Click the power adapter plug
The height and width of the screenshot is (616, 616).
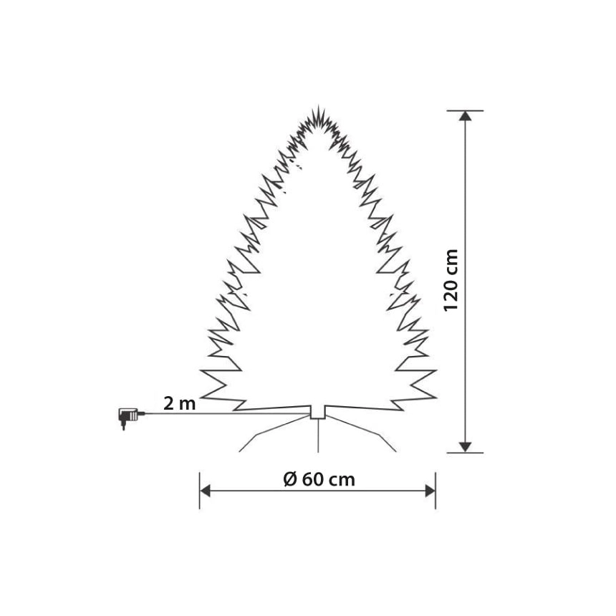point(127,417)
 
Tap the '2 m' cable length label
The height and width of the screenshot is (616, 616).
point(179,403)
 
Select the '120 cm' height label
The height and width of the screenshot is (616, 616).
point(451,280)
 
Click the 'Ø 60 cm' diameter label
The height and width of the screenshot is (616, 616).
point(319,479)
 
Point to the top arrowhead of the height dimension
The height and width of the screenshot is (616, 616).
point(465,116)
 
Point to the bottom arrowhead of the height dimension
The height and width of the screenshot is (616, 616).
point(465,447)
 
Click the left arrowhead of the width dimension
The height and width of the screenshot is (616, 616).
point(205,491)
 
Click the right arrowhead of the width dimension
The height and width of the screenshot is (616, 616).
point(430,491)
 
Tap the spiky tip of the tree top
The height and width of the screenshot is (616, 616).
point(318,106)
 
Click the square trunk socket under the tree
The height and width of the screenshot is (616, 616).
point(318,412)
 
